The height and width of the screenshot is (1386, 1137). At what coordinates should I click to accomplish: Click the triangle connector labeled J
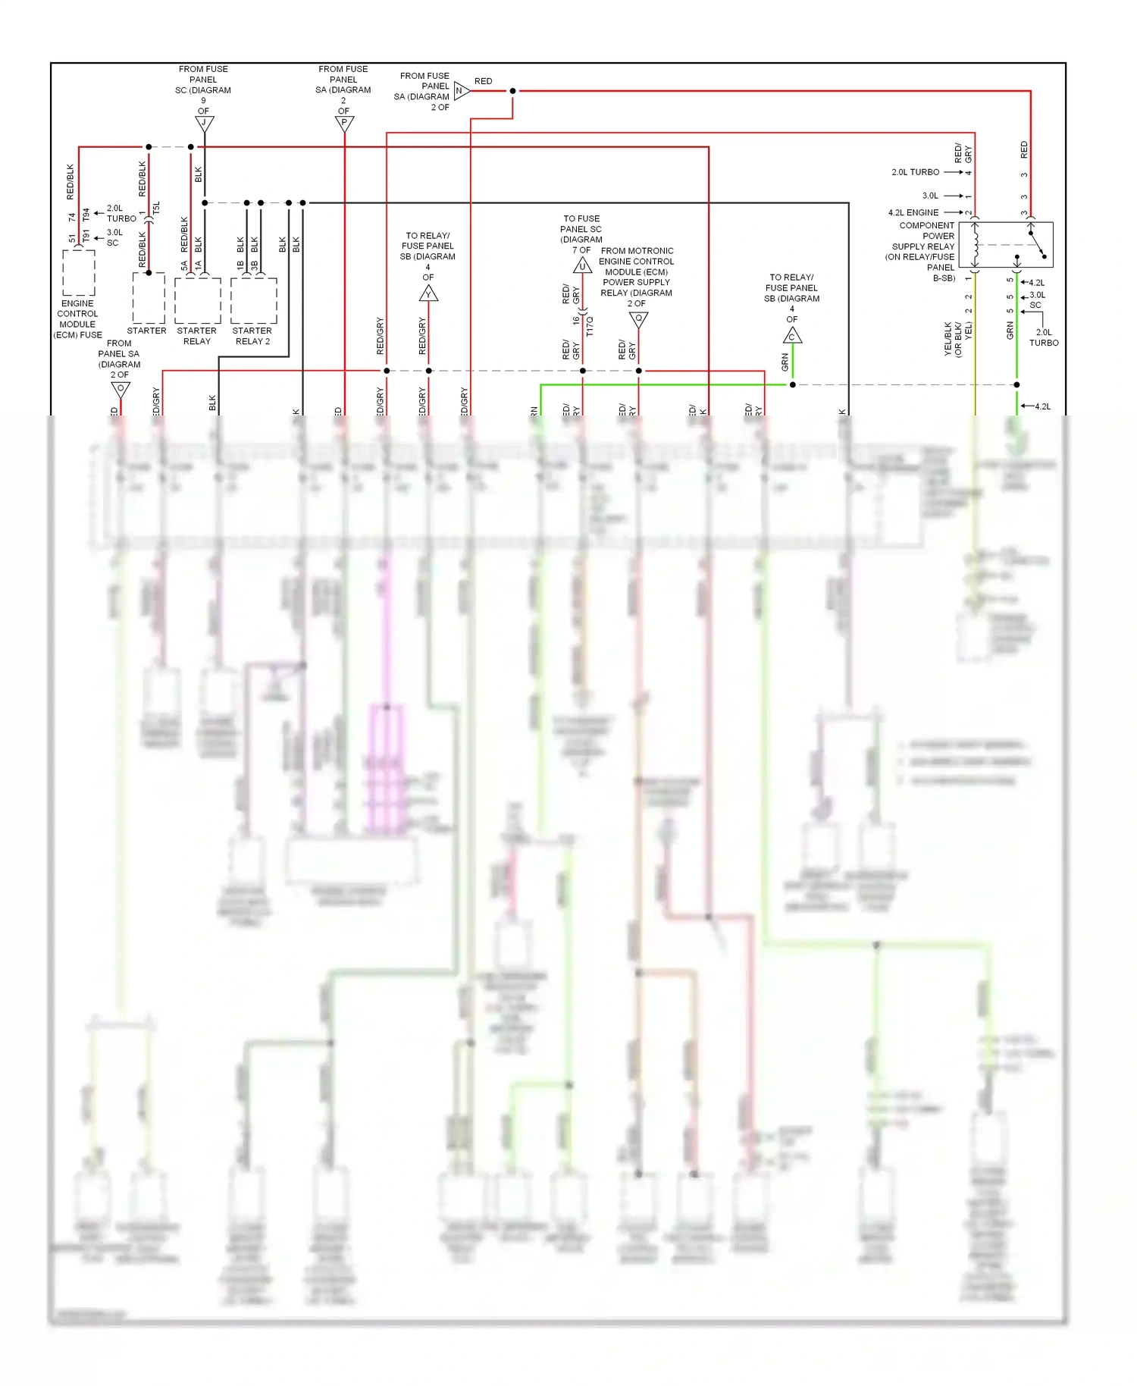click(204, 123)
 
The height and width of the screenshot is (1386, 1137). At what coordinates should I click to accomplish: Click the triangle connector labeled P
click(344, 123)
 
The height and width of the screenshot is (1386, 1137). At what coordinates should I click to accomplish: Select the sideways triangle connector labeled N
click(461, 91)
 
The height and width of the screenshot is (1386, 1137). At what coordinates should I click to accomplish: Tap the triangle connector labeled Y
click(428, 293)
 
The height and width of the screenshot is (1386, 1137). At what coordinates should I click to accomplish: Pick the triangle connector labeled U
click(582, 265)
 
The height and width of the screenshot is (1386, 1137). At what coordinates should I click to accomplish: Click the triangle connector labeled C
click(792, 336)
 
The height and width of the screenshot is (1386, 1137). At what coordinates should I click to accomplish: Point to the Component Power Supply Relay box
click(1005, 245)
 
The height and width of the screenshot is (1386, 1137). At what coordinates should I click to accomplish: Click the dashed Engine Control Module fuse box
click(79, 273)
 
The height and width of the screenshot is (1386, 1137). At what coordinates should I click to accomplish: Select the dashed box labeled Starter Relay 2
click(253, 300)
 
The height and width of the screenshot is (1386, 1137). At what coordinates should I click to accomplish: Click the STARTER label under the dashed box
click(146, 331)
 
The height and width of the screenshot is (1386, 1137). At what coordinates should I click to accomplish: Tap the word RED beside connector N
click(483, 81)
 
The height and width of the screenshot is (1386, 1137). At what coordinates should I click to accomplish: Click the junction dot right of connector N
click(512, 91)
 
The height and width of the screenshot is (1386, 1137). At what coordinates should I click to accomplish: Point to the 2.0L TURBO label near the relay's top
click(915, 172)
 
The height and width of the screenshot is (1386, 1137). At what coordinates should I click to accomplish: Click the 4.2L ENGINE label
click(913, 212)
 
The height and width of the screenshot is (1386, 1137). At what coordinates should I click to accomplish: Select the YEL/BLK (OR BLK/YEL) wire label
click(957, 339)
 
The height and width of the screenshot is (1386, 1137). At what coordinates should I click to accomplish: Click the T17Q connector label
click(590, 326)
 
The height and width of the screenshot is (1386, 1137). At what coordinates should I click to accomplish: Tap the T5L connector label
click(156, 208)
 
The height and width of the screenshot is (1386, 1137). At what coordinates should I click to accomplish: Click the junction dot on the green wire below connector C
click(792, 384)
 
